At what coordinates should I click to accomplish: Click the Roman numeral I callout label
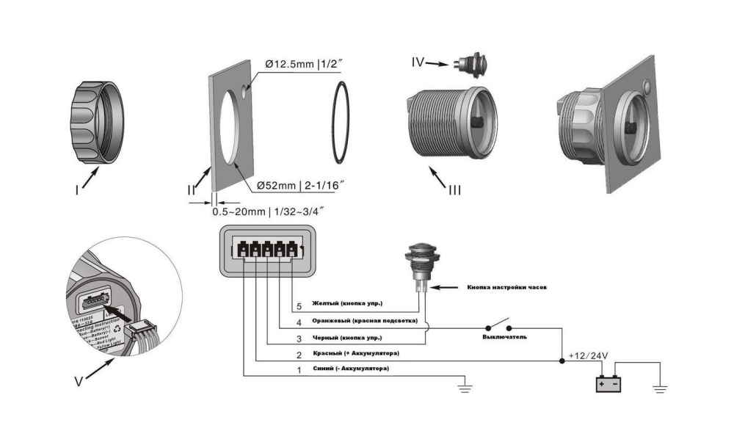tap(78, 189)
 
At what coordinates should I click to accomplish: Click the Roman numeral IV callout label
tap(418, 63)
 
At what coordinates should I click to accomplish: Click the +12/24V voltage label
tap(588, 356)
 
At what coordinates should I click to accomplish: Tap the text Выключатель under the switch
tap(504, 336)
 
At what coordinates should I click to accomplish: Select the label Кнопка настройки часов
tap(506, 286)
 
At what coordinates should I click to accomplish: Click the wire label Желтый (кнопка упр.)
tap(347, 303)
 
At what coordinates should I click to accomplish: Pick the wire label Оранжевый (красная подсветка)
tap(365, 322)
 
